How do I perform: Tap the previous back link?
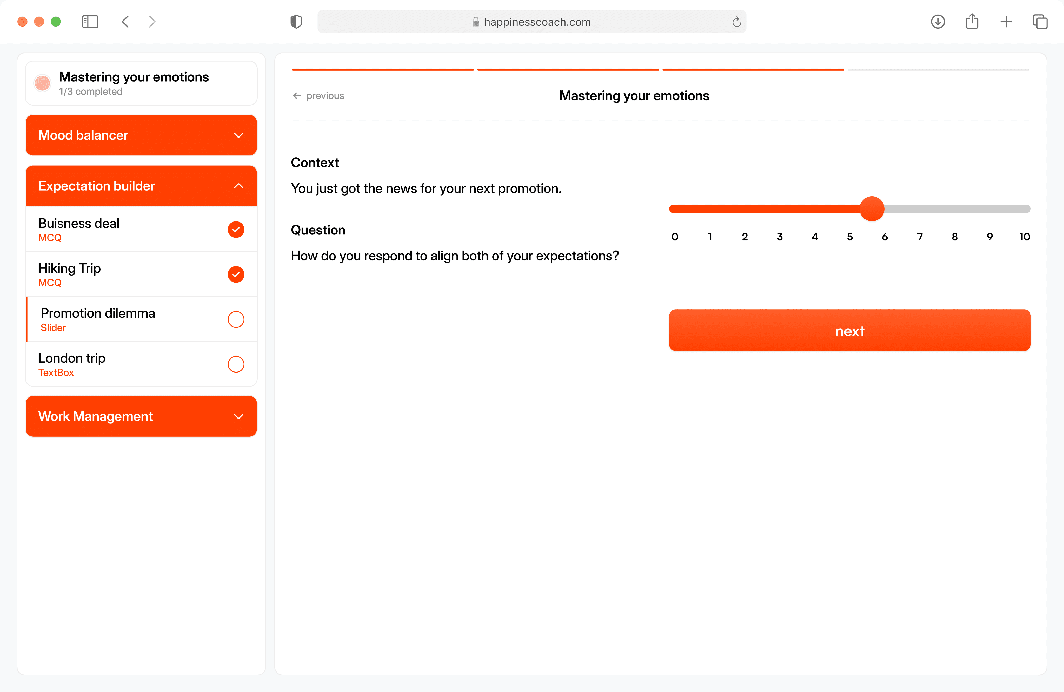pyautogui.click(x=318, y=96)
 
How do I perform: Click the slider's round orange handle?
pyautogui.click(x=872, y=208)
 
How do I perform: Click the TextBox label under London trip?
pyautogui.click(x=56, y=373)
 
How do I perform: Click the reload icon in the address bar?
pyautogui.click(x=737, y=22)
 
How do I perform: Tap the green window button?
pyautogui.click(x=56, y=22)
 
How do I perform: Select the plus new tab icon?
pyautogui.click(x=1006, y=22)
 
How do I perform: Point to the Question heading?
pyautogui.click(x=318, y=230)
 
